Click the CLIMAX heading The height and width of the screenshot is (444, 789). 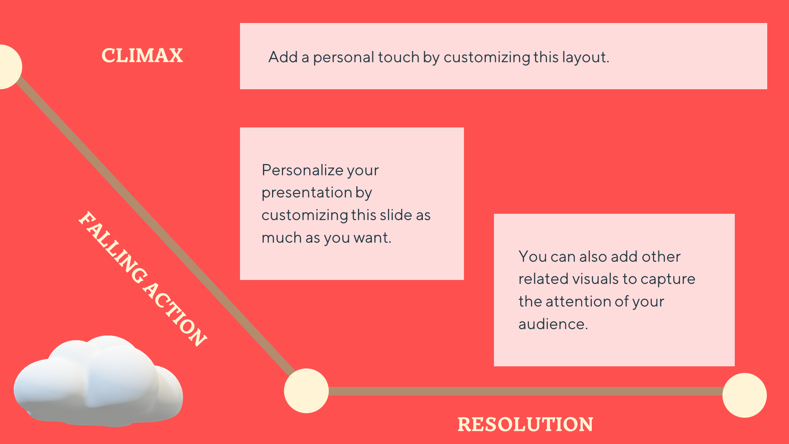point(142,55)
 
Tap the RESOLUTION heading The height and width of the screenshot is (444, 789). point(525,424)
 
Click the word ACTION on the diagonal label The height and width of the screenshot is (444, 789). point(175,314)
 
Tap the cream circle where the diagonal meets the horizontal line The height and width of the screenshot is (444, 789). point(306,391)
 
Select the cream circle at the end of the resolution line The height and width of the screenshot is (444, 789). point(745,395)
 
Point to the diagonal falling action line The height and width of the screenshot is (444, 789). point(156,224)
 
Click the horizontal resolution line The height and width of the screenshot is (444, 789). point(526,391)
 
